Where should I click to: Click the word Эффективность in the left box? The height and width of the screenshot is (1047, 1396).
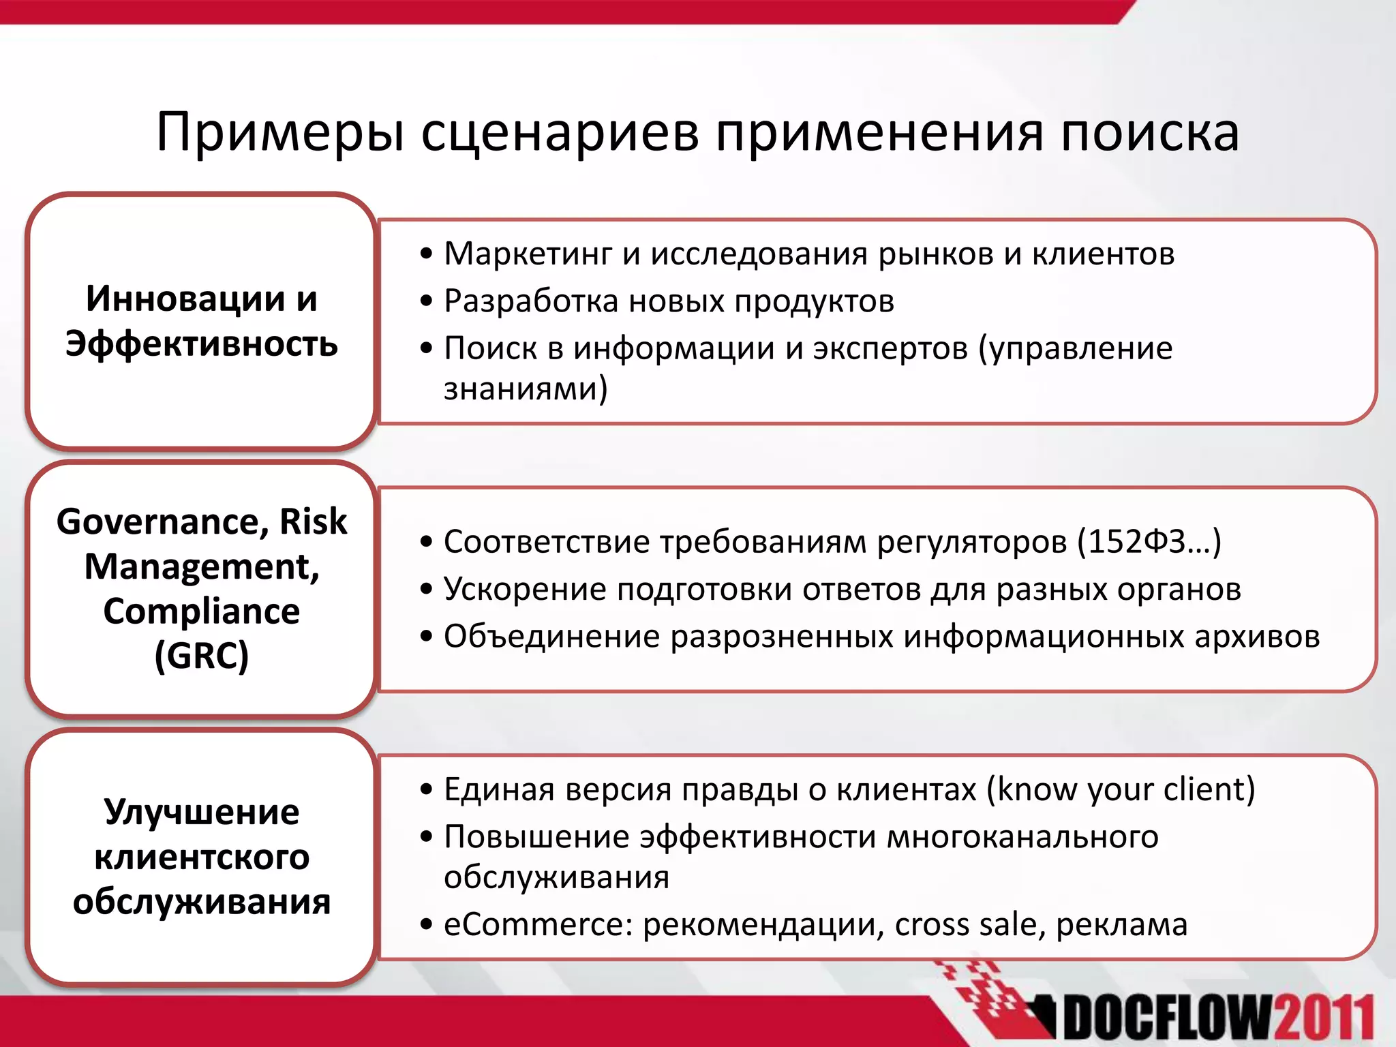(202, 344)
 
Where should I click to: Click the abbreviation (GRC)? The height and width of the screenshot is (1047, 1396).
(202, 656)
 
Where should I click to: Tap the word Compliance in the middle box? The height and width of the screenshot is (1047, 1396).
(202, 611)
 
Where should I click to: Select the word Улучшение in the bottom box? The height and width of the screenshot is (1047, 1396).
(202, 813)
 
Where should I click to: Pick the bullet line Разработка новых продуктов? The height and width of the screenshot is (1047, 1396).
(669, 301)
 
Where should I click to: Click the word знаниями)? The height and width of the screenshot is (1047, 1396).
(526, 389)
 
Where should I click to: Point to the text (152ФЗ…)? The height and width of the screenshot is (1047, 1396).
(1149, 542)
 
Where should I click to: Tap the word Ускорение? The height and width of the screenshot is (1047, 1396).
(525, 589)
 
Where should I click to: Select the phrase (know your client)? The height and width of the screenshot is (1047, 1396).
(1121, 789)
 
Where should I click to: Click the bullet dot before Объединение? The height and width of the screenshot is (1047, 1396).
(427, 637)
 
